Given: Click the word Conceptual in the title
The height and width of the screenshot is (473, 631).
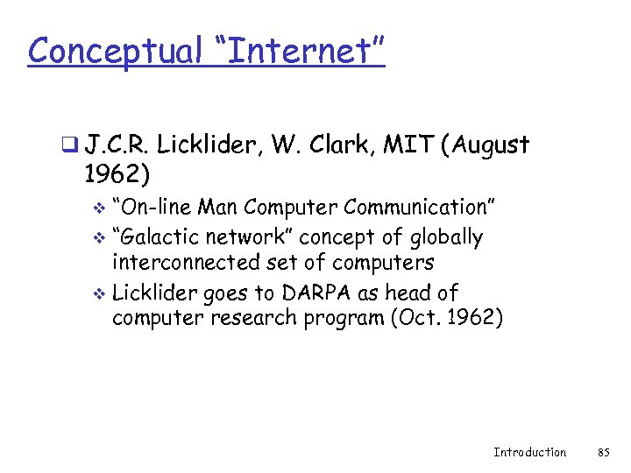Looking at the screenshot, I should coord(115,51).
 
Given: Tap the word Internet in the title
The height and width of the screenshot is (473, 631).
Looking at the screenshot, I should coord(304,51).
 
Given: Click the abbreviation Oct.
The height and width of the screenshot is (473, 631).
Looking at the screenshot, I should coord(415,317).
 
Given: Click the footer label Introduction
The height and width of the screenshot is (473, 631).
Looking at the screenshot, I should coord(529,452).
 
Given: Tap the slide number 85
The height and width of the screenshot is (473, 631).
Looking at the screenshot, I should coord(603,452).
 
